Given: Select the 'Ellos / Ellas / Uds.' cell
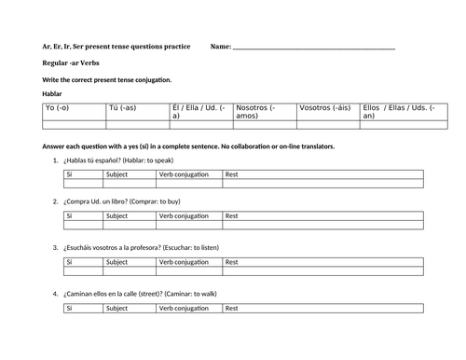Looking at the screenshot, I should [x=391, y=111].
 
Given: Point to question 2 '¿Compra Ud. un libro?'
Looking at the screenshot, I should [x=122, y=201].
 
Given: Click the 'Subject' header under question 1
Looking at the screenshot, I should [x=117, y=173].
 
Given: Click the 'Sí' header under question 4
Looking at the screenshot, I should [x=70, y=307].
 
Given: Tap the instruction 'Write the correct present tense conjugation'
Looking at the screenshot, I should [x=107, y=80].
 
